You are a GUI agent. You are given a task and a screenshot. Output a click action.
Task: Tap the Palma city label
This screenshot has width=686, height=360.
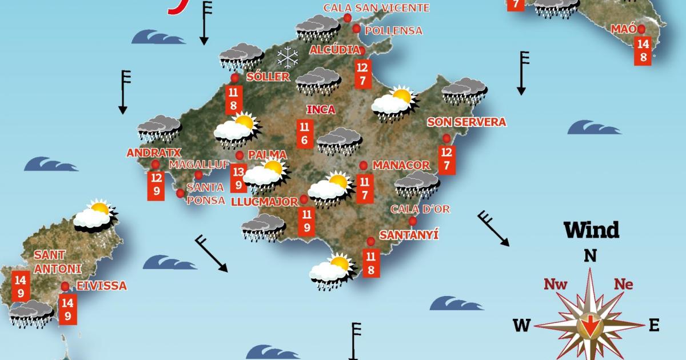[268, 155]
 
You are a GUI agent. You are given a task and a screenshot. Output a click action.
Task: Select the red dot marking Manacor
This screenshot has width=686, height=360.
[363, 165]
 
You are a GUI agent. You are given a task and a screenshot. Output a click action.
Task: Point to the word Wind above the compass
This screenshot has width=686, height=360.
[592, 230]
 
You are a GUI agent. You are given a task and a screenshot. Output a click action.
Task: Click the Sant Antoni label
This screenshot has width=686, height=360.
[57, 261]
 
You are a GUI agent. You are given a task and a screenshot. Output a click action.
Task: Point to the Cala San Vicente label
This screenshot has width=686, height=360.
[376, 8]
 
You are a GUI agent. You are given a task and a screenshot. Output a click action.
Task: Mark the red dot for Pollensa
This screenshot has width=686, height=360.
[357, 29]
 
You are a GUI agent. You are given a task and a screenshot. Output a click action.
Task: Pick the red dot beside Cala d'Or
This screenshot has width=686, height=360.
[413, 221]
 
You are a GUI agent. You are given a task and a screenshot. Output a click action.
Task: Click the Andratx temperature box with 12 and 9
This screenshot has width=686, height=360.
[157, 184]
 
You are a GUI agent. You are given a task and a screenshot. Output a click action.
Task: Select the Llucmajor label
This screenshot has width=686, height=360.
[265, 201]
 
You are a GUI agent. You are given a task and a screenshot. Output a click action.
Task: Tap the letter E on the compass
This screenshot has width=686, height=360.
[654, 326]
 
